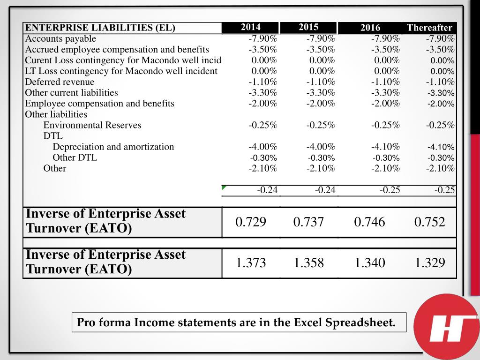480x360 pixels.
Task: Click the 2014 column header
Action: pos(251,27)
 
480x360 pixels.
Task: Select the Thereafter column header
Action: pos(429,28)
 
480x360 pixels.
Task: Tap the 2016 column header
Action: pos(370,28)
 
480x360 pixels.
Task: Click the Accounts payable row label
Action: pos(60,39)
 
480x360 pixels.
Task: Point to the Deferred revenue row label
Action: pos(60,82)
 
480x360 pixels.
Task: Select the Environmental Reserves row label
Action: pos(92,125)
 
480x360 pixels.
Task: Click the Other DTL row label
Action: pos(75,157)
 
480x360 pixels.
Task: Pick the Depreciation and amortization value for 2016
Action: pos(385,147)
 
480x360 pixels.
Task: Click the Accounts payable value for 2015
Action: pos(321,39)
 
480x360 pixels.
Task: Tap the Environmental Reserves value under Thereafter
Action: pos(440,125)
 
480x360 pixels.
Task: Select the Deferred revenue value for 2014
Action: pos(263,82)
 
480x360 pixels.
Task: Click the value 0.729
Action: pos(251,222)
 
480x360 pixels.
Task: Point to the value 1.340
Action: pos(370,263)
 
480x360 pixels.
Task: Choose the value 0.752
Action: pos(430,222)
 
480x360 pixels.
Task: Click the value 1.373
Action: pos(251,263)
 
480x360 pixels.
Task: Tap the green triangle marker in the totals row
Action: pos(224,187)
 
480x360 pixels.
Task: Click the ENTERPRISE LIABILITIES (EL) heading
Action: pos(100,28)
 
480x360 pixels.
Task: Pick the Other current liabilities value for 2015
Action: pos(321,93)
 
